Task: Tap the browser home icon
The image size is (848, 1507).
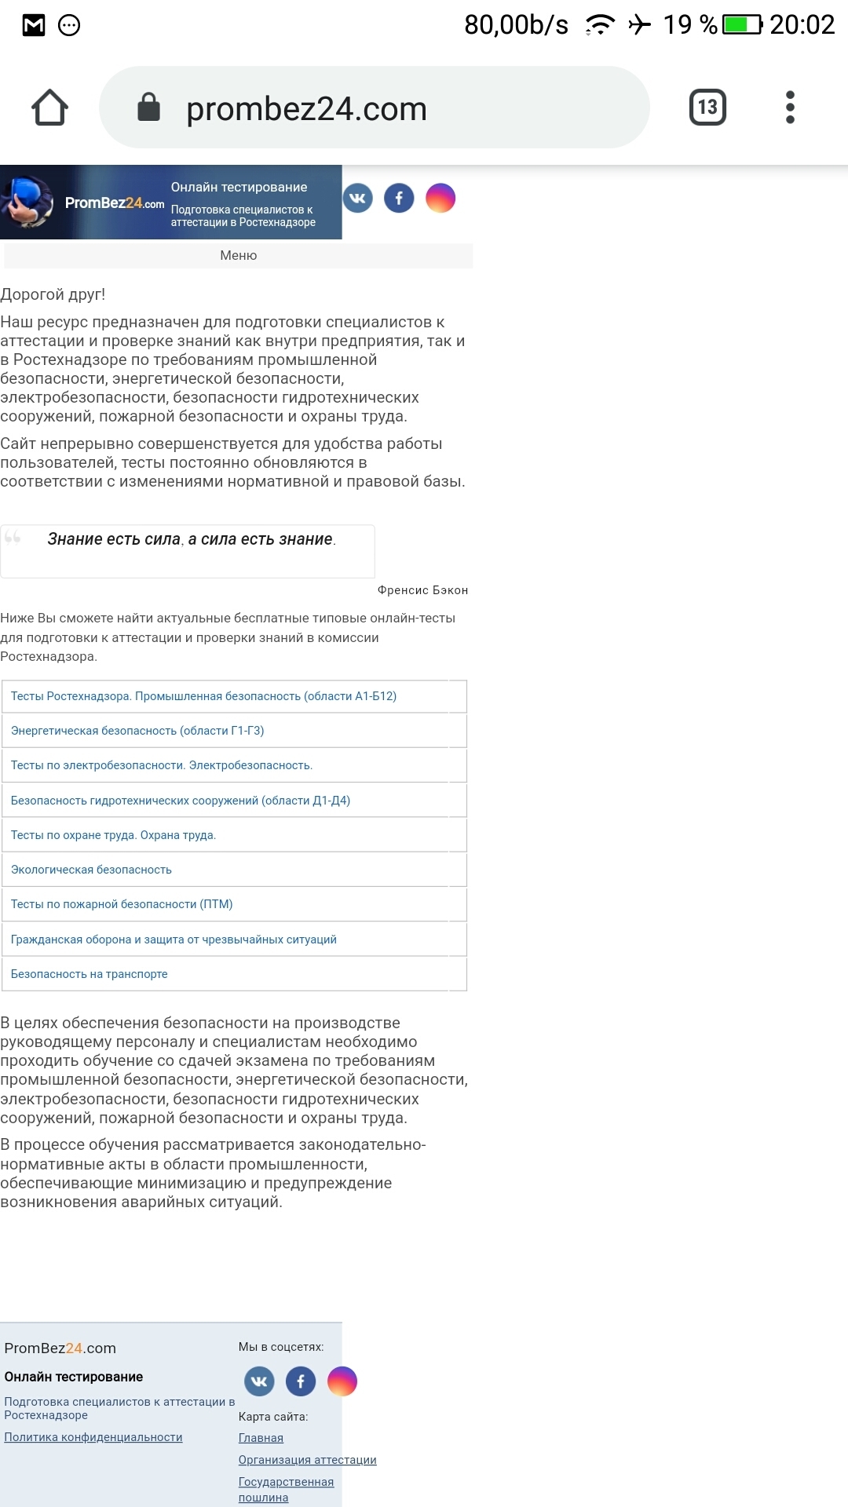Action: tap(49, 108)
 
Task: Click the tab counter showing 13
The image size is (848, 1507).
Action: tap(707, 108)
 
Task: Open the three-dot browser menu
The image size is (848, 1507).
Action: tap(790, 108)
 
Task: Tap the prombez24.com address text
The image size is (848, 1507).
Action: tap(306, 109)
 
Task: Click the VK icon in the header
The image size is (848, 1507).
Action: tap(358, 198)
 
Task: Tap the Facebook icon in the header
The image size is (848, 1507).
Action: tap(399, 198)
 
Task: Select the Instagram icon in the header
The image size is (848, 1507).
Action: tap(440, 198)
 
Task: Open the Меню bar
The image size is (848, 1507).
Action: tap(239, 256)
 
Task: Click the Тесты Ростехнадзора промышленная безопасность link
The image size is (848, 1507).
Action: tap(203, 696)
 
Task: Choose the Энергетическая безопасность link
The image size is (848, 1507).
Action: tap(137, 731)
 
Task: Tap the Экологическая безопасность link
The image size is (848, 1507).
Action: tap(91, 870)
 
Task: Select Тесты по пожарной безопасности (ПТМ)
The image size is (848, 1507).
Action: tap(122, 904)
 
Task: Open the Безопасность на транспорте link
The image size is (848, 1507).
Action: tap(90, 974)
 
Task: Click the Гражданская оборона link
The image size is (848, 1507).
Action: tap(174, 940)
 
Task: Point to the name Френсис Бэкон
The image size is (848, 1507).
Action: tap(422, 590)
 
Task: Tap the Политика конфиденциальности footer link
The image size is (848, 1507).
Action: tap(93, 1437)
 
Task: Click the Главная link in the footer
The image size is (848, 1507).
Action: tap(261, 1438)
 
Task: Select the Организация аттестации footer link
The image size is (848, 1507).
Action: tap(307, 1460)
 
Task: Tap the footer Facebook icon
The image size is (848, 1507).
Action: tap(301, 1381)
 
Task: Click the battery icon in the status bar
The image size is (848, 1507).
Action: tap(742, 25)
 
